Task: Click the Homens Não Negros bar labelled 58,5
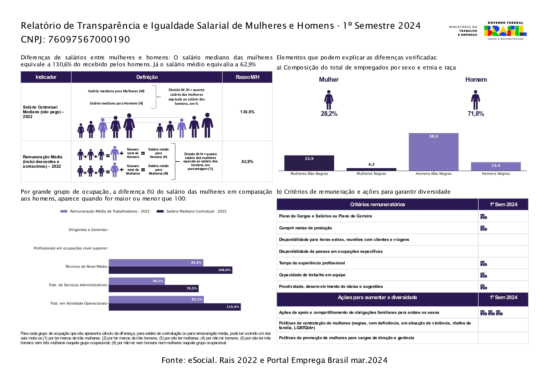(x=433, y=152)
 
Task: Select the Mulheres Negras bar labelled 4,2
(x=371, y=169)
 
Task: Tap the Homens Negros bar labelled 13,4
(x=496, y=166)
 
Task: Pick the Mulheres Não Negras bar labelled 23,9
(x=309, y=163)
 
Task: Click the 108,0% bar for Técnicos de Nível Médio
(x=170, y=270)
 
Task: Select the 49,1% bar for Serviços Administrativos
(x=137, y=281)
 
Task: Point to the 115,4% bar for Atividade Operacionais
(x=175, y=307)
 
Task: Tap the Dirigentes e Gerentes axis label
(x=88, y=230)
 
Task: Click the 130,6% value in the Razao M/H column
(x=247, y=112)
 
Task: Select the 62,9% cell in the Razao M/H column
(x=247, y=161)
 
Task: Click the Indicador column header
(x=46, y=77)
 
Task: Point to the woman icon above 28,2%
(x=328, y=100)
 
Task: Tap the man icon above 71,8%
(x=475, y=100)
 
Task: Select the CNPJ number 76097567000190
(x=89, y=39)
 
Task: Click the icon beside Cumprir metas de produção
(x=484, y=228)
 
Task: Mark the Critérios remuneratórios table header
(x=377, y=204)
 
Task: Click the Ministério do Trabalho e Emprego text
(x=463, y=31)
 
